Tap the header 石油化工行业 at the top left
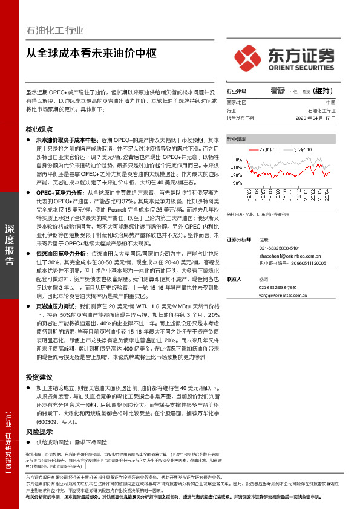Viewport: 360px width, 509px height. click(x=55, y=30)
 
